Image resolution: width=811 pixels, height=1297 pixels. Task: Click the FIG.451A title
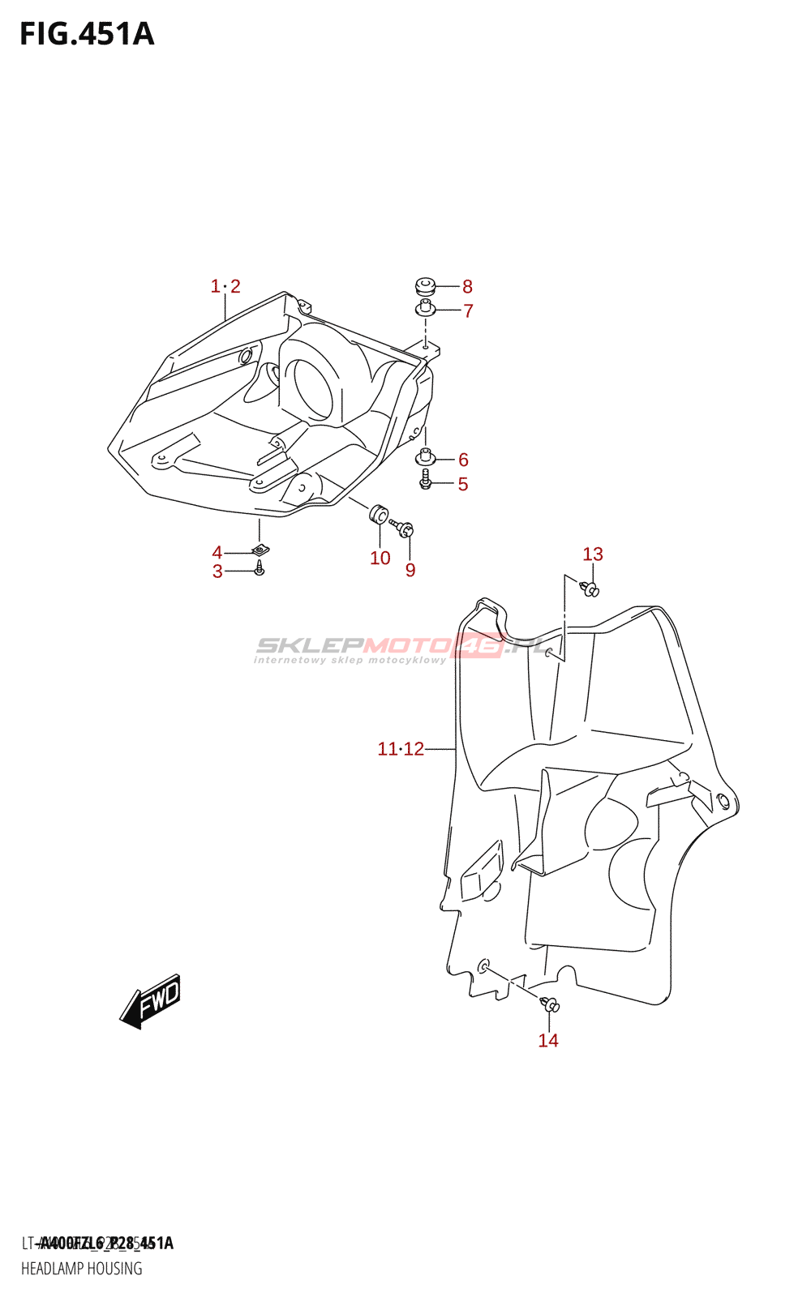click(87, 34)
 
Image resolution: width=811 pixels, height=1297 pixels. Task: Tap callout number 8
click(467, 286)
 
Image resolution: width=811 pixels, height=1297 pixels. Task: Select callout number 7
click(468, 310)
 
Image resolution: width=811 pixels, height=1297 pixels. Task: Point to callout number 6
click(463, 460)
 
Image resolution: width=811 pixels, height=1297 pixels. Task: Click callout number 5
click(463, 484)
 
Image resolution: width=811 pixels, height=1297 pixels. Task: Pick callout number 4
click(217, 553)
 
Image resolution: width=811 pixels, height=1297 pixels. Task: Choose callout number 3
click(217, 571)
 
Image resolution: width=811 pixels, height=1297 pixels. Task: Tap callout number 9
click(410, 570)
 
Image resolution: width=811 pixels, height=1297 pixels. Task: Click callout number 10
click(380, 558)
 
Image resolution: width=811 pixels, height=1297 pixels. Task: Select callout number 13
click(593, 554)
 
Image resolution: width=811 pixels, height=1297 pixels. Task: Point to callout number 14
click(548, 1040)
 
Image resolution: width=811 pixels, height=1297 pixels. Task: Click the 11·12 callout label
click(401, 749)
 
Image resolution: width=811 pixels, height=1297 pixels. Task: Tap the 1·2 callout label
click(225, 286)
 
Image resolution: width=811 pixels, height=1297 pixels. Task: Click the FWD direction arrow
click(152, 1002)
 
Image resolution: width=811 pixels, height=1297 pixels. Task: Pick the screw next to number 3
click(259, 570)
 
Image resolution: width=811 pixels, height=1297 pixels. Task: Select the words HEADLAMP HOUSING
click(82, 1269)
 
